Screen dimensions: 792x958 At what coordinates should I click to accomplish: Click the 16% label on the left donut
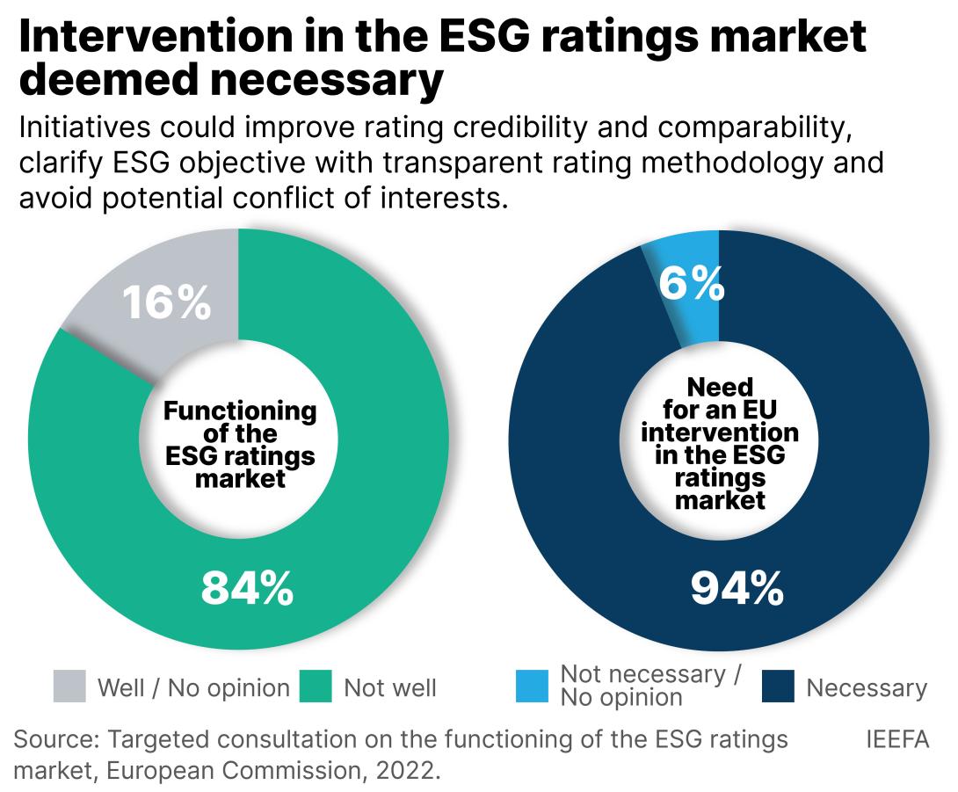click(167, 303)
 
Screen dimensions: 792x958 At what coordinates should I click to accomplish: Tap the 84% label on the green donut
click(247, 588)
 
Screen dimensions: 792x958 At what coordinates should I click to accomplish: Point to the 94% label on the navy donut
click(737, 588)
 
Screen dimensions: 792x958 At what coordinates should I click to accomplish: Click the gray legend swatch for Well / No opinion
click(69, 687)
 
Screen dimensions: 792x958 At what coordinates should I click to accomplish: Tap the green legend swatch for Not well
click(316, 687)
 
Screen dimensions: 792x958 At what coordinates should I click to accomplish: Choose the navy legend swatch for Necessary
click(779, 687)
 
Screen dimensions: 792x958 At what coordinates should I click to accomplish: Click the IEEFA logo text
click(898, 739)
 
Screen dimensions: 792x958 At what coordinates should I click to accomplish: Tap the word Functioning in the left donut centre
click(240, 411)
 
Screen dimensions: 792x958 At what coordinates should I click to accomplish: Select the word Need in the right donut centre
click(720, 387)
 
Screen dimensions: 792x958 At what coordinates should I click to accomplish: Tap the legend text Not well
click(389, 687)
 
